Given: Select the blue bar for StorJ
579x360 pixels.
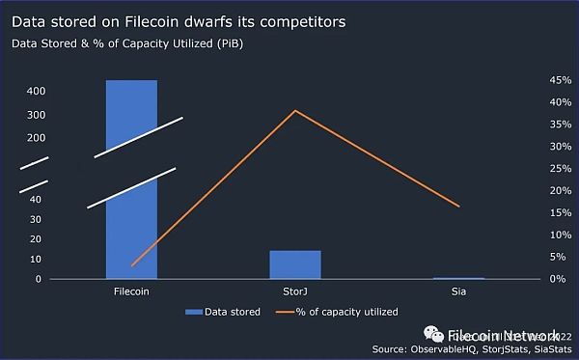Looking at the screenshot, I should point(295,264).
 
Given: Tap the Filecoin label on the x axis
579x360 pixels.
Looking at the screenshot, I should point(130,290).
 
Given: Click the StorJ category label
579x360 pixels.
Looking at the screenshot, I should point(295,290).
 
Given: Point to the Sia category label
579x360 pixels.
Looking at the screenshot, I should point(459,290).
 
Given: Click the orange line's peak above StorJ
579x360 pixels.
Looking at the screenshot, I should point(295,111).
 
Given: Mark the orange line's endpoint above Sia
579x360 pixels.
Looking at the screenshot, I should point(459,207).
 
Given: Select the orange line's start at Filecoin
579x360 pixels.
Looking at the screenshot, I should point(132,264).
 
